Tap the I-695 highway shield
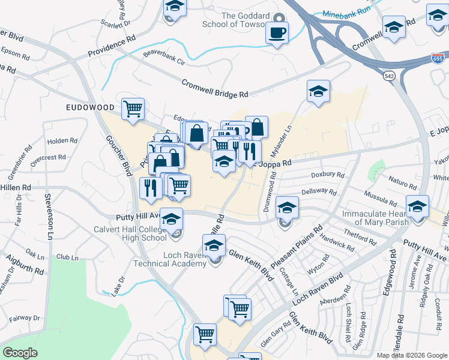pyautogui.click(x=438, y=58)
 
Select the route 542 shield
pyautogui.click(x=390, y=76)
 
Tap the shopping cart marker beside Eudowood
pyautogui.click(x=133, y=109)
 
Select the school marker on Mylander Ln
pyautogui.click(x=318, y=91)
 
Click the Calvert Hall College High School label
pyautogui.click(x=130, y=233)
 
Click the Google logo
pyautogui.click(x=20, y=353)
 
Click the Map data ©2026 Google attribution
pyautogui.click(x=411, y=355)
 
